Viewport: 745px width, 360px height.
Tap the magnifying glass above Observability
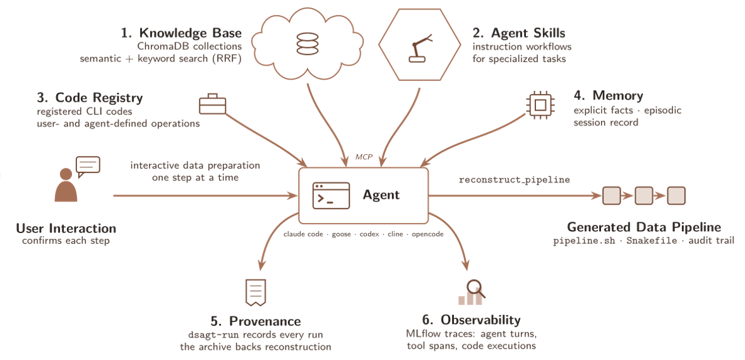click(475, 287)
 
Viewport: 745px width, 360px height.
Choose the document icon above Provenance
click(254, 292)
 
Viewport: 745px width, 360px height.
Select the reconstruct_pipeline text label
click(514, 181)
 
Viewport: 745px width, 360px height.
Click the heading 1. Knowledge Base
click(181, 33)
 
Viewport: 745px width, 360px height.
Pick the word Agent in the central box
click(381, 195)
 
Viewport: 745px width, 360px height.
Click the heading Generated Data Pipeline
click(644, 227)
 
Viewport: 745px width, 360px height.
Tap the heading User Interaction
click(66, 228)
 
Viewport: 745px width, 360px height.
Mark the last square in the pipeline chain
click(676, 196)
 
